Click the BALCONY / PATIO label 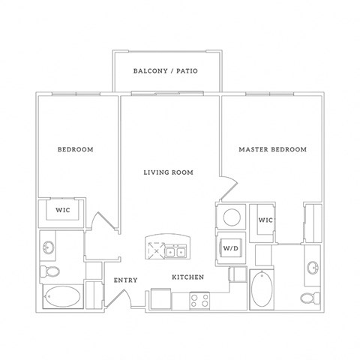coord(166,71)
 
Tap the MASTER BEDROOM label coord(272,150)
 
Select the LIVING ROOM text coord(169,172)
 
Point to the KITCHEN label coord(188,277)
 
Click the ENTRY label coord(124,280)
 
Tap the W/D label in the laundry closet coord(230,247)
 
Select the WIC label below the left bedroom coord(63,210)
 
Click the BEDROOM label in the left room coord(76,150)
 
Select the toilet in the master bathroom coord(308,298)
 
